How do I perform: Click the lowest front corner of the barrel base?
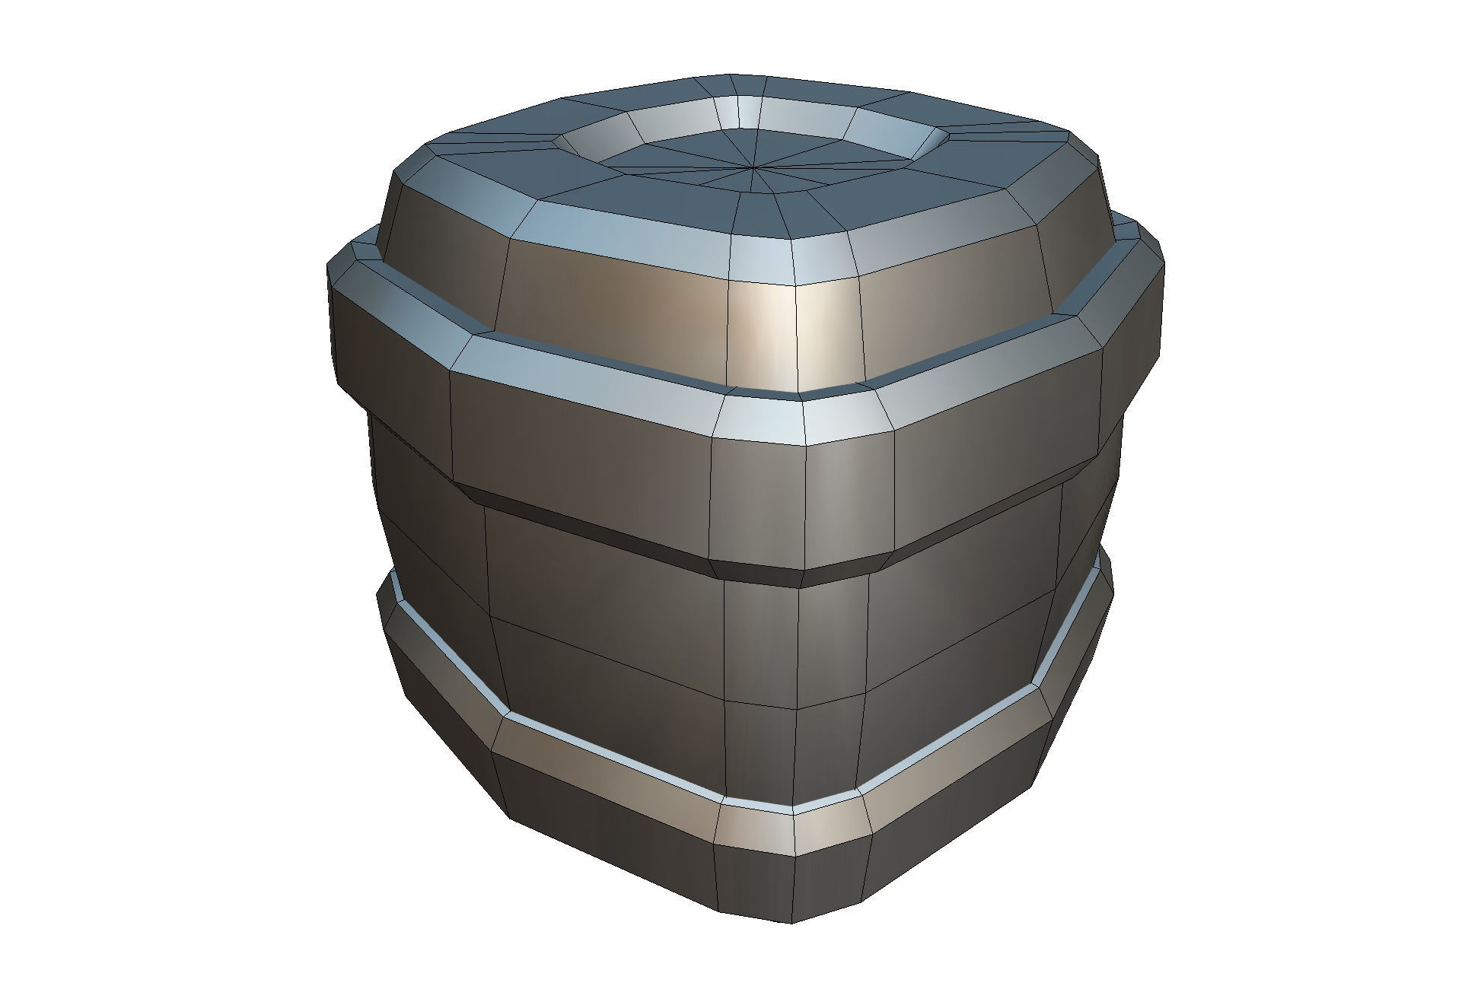[x=791, y=922]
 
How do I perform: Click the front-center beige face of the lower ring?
[x=757, y=829]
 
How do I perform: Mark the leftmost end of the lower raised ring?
[x=379, y=601]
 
